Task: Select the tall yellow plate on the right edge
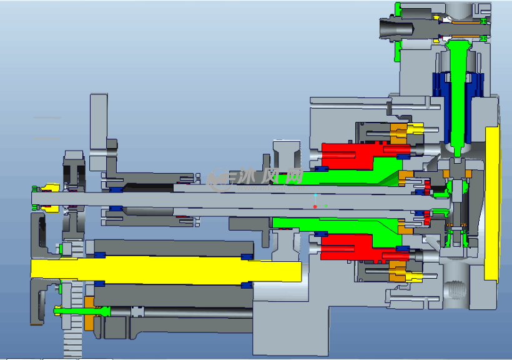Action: tap(492, 202)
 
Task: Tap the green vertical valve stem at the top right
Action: tap(458, 95)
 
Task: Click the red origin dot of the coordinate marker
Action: tap(315, 207)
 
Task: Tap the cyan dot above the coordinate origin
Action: tap(315, 195)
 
